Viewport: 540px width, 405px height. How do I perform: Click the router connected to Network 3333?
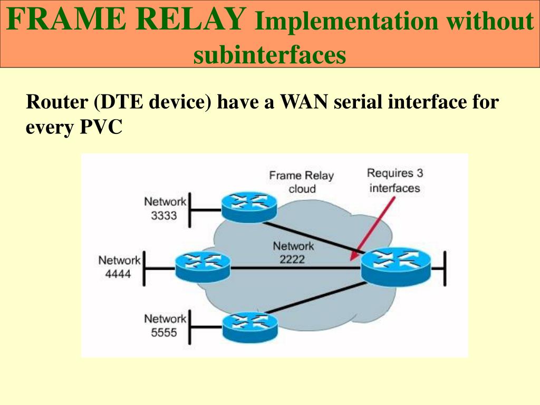[249, 206]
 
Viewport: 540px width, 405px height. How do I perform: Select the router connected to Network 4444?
[203, 265]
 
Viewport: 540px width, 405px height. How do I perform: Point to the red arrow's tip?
[351, 260]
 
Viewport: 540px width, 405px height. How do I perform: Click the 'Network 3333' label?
[165, 208]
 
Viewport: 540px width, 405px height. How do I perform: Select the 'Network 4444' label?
[119, 267]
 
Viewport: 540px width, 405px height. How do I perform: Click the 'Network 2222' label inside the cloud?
[293, 252]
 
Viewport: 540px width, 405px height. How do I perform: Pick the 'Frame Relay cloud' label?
[302, 182]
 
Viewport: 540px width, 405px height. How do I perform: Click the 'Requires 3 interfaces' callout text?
[394, 180]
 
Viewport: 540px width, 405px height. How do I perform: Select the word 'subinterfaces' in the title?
[269, 54]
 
